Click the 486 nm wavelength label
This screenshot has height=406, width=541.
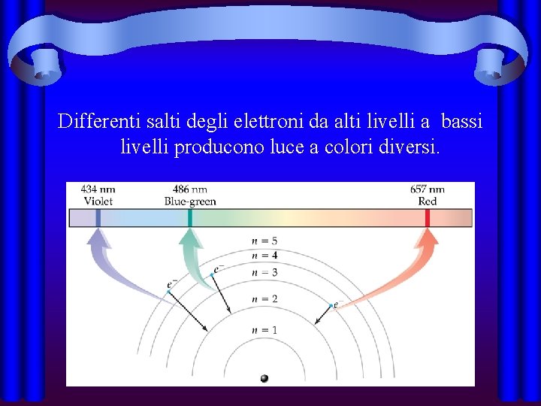click(190, 189)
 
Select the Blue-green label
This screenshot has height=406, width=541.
click(190, 201)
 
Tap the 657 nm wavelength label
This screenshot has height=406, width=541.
click(428, 189)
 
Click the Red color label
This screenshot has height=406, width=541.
click(428, 201)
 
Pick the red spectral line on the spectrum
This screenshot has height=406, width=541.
click(428, 217)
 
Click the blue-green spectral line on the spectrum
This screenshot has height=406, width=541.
click(190, 217)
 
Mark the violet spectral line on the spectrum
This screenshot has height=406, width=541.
click(98, 217)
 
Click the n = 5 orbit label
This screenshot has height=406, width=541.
click(264, 241)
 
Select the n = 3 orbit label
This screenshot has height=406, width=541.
click(264, 272)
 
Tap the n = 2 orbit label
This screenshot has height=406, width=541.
click(264, 298)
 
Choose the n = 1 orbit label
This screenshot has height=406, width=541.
click(264, 330)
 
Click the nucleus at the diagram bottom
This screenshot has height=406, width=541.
click(264, 378)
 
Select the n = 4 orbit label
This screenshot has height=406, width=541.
click(264, 256)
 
